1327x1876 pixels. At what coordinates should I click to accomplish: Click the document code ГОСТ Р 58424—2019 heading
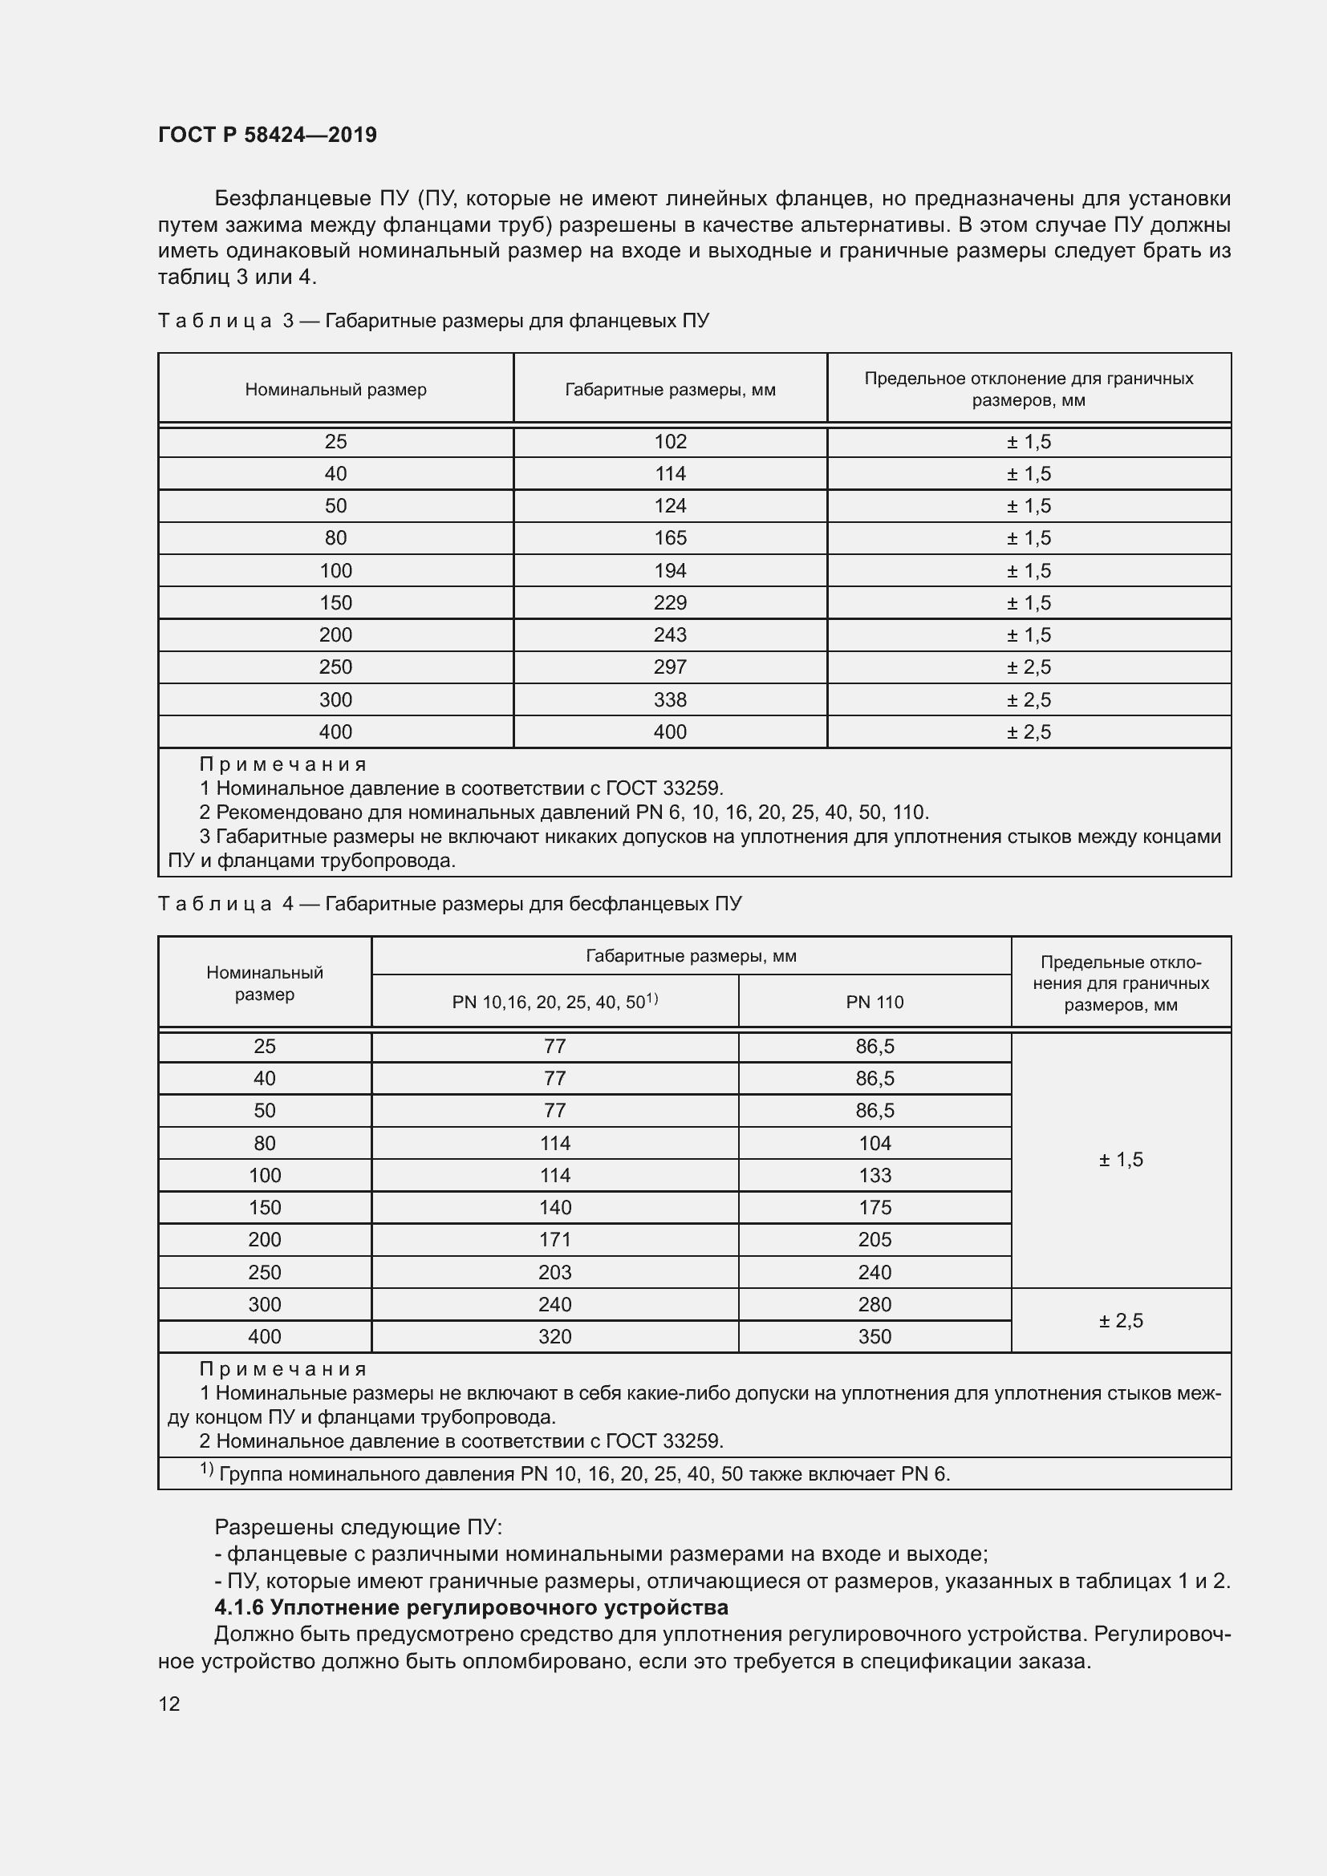coord(267,135)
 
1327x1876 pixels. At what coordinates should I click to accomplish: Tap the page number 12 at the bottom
coord(169,1704)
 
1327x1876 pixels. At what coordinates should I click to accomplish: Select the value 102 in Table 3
coord(670,442)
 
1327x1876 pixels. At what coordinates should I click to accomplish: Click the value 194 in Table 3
coord(670,570)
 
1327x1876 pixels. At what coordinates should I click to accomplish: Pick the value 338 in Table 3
coord(670,699)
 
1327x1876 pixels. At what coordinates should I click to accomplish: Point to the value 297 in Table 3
coord(670,667)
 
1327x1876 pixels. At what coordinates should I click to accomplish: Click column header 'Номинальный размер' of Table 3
coord(336,390)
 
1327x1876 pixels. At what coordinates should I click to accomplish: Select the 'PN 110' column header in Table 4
coord(875,1003)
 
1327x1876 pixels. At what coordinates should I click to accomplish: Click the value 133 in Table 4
coord(875,1175)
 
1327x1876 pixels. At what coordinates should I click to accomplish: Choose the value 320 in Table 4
coord(555,1337)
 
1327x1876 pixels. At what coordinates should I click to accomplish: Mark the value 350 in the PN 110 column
coord(875,1337)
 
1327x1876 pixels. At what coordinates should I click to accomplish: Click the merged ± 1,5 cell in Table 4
coord(1120,1160)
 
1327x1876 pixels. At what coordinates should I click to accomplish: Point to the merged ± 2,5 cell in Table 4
coord(1120,1320)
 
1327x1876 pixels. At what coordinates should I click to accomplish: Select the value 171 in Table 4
coord(555,1239)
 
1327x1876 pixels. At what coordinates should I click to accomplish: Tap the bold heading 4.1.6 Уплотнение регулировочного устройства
coord(472,1608)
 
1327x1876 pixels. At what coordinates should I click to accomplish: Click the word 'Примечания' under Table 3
coord(283,765)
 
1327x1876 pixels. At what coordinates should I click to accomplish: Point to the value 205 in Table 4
coord(875,1239)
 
